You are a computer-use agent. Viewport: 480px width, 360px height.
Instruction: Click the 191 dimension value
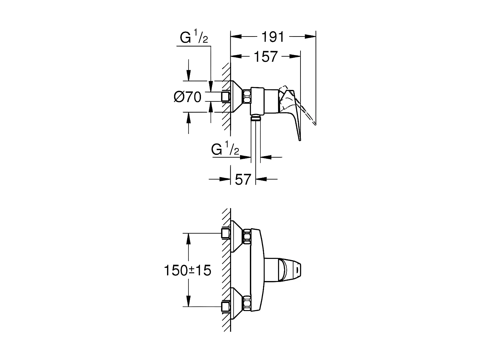pyautogui.click(x=273, y=37)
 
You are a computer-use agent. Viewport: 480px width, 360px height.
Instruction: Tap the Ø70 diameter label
pyautogui.click(x=188, y=97)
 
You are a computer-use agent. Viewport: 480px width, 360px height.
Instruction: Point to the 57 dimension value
pyautogui.click(x=243, y=179)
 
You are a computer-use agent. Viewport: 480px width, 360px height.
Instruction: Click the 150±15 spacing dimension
pyautogui.click(x=188, y=270)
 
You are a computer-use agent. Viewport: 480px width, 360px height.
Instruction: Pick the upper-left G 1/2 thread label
pyautogui.click(x=194, y=38)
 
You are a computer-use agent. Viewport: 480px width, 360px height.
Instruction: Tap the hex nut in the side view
pyautogui.click(x=247, y=97)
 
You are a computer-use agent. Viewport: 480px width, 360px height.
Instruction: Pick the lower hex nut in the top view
pyautogui.click(x=247, y=303)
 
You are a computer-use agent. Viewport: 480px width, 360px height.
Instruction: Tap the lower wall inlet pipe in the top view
pyautogui.click(x=226, y=307)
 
